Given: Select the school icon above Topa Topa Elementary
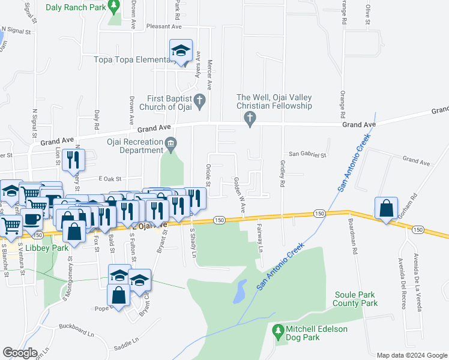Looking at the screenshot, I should coord(180,52).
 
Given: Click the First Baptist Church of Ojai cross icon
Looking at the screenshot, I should coord(200,100).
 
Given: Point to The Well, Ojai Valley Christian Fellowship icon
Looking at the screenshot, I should coord(250,119).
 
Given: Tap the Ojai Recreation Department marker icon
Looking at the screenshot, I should coord(171,143).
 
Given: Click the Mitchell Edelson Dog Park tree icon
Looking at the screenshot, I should coord(277,330).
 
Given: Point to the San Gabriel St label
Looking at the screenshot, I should coord(307,154).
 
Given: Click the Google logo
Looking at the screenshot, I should coord(20,353).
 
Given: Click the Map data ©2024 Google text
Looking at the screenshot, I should coord(411,355).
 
